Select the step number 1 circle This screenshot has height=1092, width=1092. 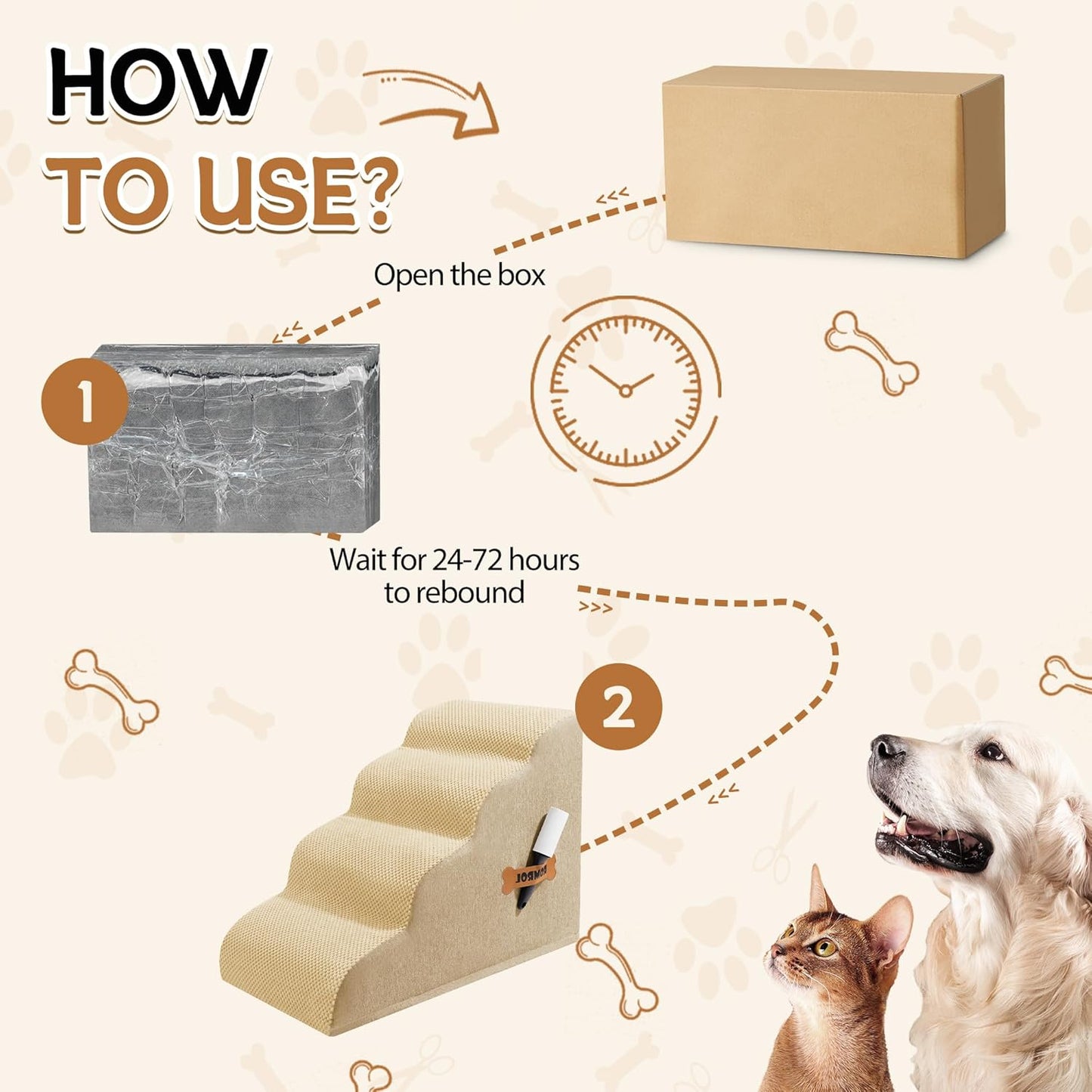click(x=84, y=401)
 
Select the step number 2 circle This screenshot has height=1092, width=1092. click(x=618, y=707)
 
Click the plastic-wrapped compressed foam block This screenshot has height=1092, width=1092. click(x=234, y=438)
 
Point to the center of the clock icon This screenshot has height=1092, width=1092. click(x=625, y=390)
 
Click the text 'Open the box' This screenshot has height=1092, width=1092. click(x=459, y=275)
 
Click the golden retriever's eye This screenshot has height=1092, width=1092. click(x=991, y=751)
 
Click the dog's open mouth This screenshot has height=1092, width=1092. click(x=930, y=835)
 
